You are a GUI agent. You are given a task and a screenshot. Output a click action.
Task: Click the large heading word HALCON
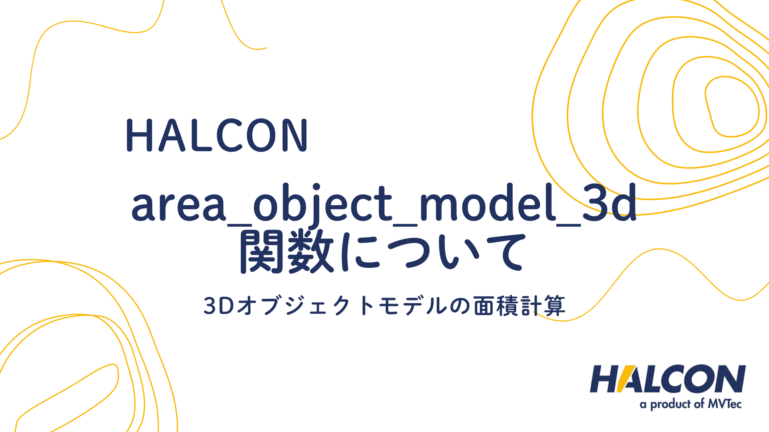pos(217,135)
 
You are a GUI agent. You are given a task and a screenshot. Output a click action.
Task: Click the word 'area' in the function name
pos(178,204)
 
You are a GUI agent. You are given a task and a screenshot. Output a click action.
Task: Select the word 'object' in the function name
pos(322,204)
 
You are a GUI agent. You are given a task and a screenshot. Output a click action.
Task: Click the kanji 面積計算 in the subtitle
pos(519,306)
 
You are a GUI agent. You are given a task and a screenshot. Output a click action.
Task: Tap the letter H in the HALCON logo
pos(605,378)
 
